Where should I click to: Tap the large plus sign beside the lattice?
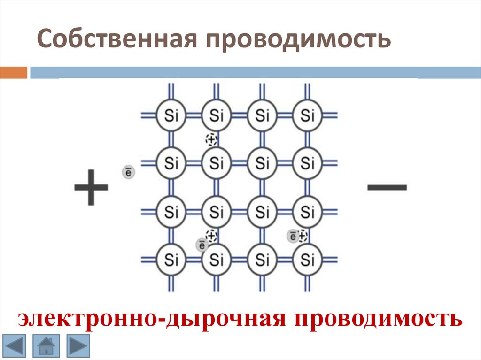[x=91, y=187]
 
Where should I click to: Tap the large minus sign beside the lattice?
[x=387, y=187]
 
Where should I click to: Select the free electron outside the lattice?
[x=128, y=172]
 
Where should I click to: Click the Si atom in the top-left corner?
[x=171, y=115]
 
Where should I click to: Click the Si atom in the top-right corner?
[x=307, y=115]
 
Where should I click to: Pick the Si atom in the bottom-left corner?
[x=171, y=259]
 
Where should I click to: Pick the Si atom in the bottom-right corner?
[x=307, y=259]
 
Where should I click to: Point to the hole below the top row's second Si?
[x=212, y=139]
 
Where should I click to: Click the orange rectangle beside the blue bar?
[x=14, y=73]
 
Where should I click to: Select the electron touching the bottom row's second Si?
[x=202, y=244]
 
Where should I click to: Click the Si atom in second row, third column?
[x=262, y=163]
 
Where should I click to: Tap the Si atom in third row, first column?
[x=171, y=211]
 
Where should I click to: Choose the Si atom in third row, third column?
[x=262, y=211]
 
